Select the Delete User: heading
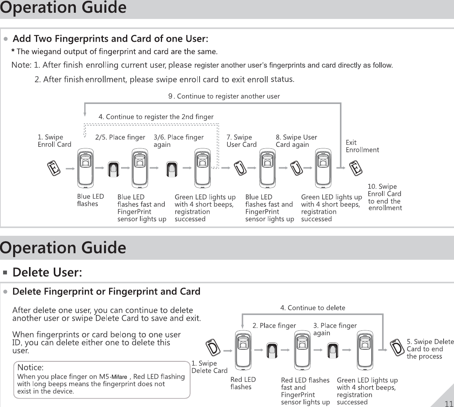pos(48,272)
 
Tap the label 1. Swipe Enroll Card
pos(54,141)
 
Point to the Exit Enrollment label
pos(362,146)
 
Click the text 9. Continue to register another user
pos(224,96)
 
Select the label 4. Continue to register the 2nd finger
pos(156,116)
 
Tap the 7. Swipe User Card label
pos(241,141)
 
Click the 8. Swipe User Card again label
pos(296,141)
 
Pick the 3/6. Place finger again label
pos(178,141)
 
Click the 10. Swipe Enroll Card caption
pos(384,197)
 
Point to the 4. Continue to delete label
pos(312,308)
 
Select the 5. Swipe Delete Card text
pos(430,349)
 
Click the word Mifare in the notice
pos(119,377)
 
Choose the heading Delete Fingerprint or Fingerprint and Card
pos(106,291)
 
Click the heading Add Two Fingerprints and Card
pos(111,39)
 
